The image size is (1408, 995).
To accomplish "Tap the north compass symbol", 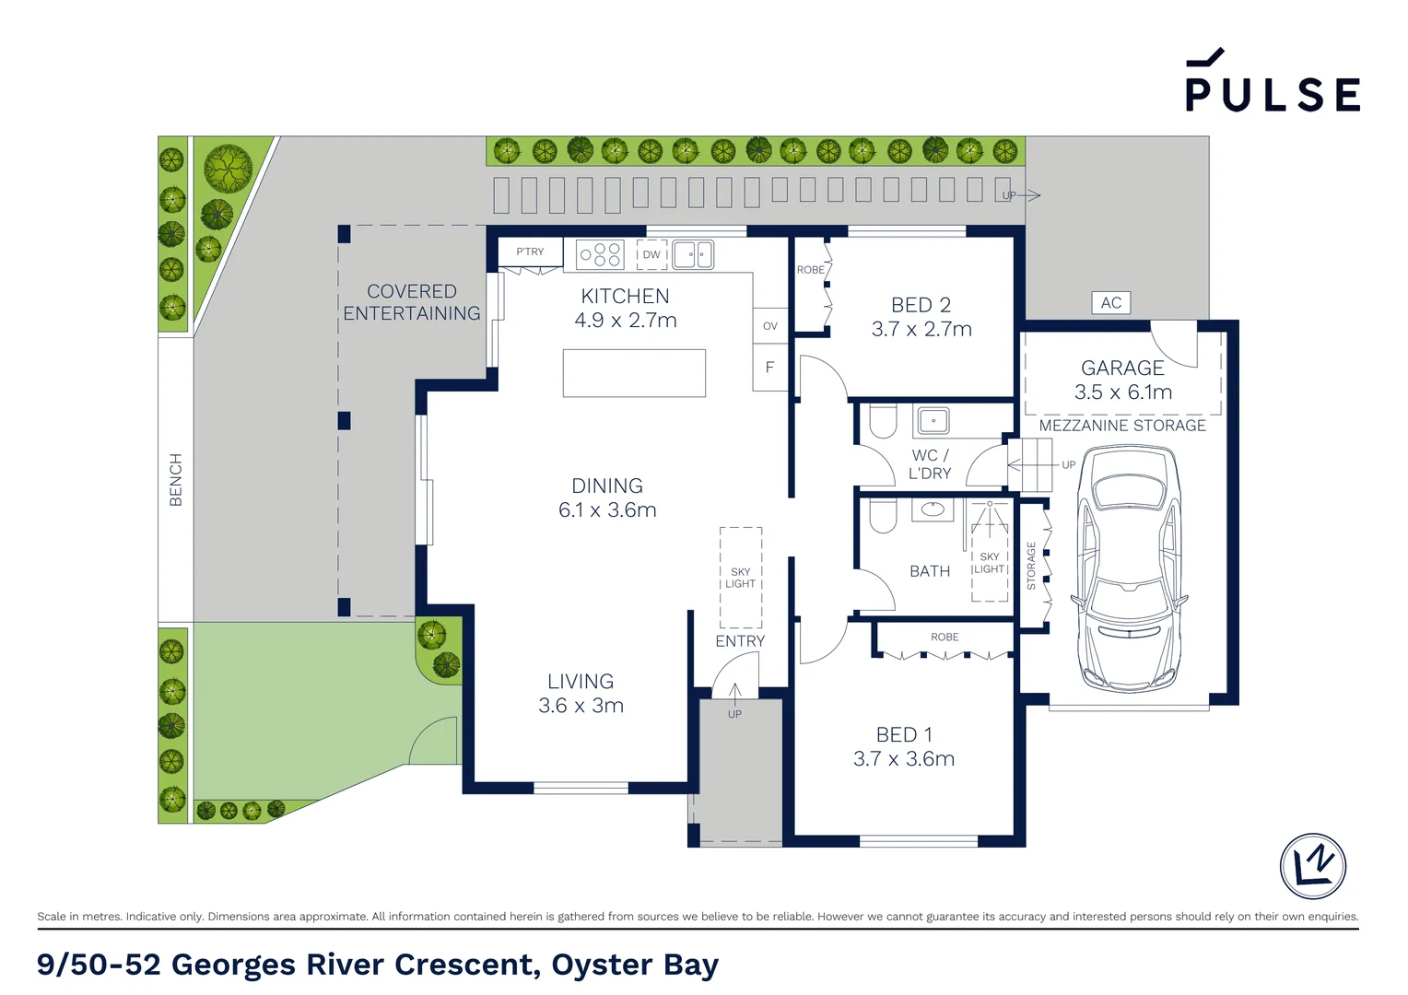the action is click(1312, 865).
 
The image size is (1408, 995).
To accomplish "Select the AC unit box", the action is click(1110, 302).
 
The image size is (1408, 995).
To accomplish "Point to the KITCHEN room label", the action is click(625, 296).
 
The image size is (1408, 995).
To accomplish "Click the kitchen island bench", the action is click(634, 373).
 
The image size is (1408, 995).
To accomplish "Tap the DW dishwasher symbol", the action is click(651, 254).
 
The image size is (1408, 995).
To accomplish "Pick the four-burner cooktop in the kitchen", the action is click(600, 254).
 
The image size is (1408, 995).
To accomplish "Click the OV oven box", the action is click(770, 325).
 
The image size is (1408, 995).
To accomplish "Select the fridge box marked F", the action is click(770, 367).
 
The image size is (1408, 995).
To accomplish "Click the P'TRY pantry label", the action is click(530, 252).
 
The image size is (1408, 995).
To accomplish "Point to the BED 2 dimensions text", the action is click(921, 329).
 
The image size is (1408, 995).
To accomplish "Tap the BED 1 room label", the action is click(904, 734).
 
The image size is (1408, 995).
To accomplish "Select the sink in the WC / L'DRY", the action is click(933, 420).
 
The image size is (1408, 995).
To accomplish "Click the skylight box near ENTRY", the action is click(741, 577).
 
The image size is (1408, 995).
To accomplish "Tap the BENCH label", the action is click(175, 479).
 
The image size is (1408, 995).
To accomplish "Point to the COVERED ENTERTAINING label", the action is click(412, 302).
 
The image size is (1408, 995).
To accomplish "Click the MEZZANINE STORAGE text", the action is click(1122, 426).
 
